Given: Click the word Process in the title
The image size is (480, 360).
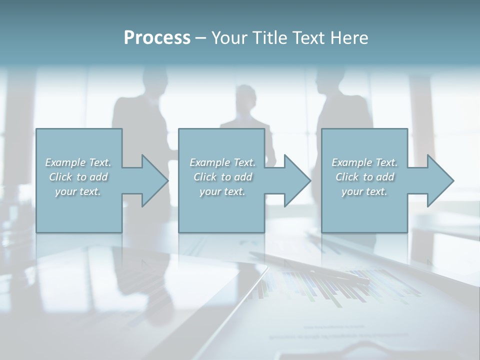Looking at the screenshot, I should pyautogui.click(x=157, y=38).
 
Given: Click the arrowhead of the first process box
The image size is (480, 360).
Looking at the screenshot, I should pyautogui.click(x=154, y=180).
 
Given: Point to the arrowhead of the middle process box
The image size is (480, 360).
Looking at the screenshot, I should pyautogui.click(x=297, y=180).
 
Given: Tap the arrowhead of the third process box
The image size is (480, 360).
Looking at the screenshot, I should pyautogui.click(x=440, y=180).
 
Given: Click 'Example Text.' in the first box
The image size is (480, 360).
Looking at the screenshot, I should pyautogui.click(x=78, y=162).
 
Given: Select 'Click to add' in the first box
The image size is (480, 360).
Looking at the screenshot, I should pyautogui.click(x=78, y=177).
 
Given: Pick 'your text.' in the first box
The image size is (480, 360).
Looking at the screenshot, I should pyautogui.click(x=78, y=191).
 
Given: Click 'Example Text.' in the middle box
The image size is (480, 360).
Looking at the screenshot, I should pyautogui.click(x=222, y=162).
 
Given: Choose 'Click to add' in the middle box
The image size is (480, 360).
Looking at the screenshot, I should pyautogui.click(x=222, y=177).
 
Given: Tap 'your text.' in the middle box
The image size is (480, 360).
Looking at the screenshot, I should pyautogui.click(x=222, y=191).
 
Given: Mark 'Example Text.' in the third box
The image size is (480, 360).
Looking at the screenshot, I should pyautogui.click(x=364, y=162).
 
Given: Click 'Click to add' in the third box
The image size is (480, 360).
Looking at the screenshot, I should pyautogui.click(x=364, y=177).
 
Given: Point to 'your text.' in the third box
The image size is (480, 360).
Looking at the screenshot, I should pyautogui.click(x=364, y=191).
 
